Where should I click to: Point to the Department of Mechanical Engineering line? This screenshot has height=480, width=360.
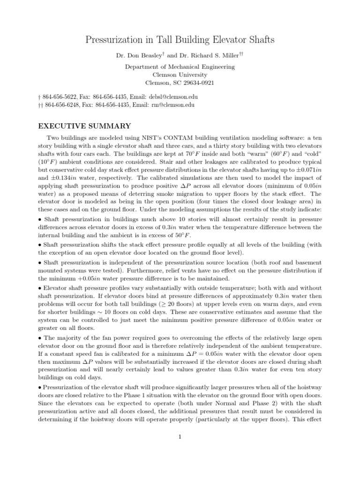(180, 67)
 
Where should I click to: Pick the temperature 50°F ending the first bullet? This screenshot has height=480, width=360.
(184, 235)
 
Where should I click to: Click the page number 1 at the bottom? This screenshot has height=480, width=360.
(180, 437)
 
